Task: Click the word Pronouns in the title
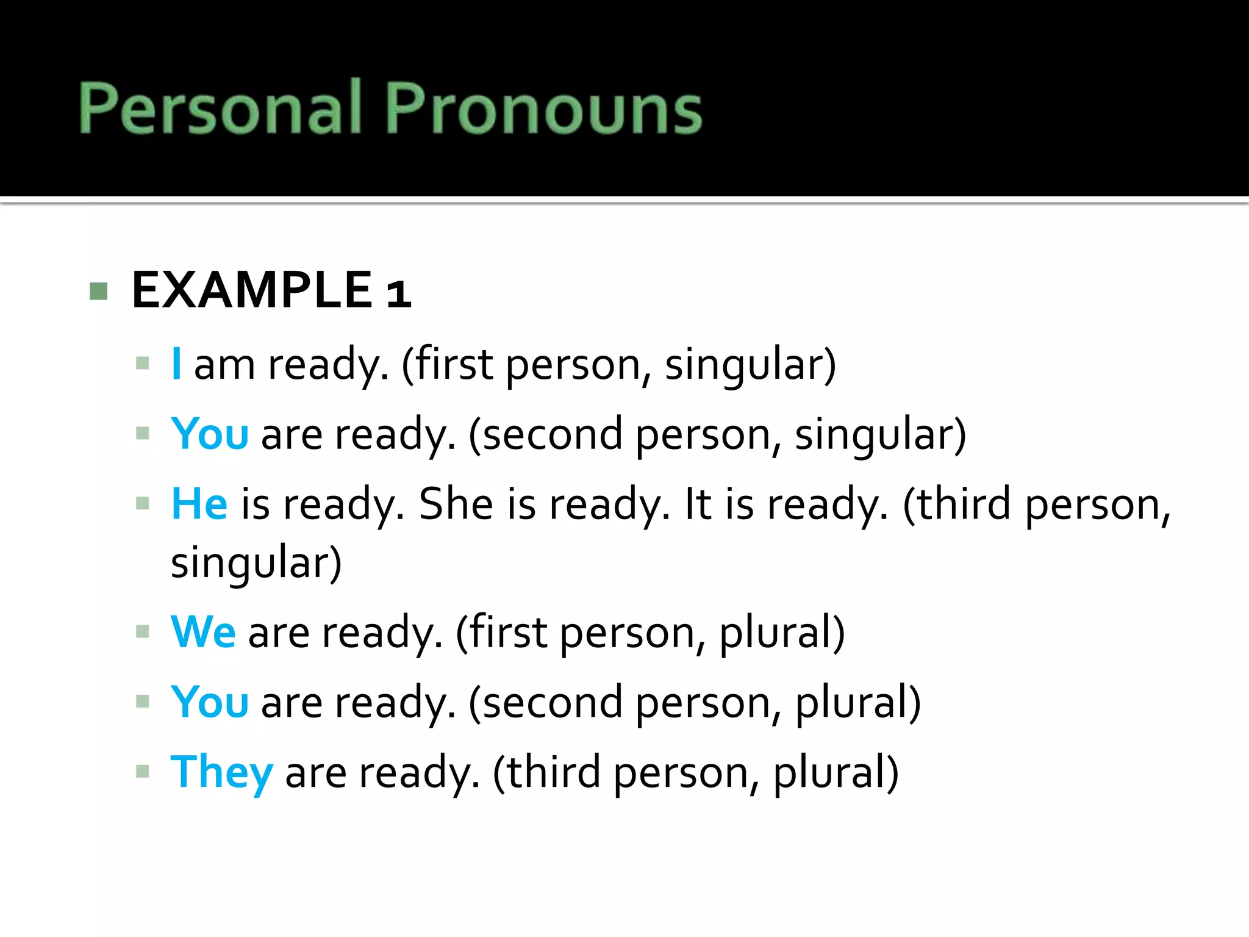click(543, 109)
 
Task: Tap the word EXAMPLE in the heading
click(251, 290)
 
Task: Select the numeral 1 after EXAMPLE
click(398, 293)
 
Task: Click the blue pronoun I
click(176, 364)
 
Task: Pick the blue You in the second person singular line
click(210, 434)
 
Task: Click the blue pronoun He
click(199, 504)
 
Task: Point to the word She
click(456, 504)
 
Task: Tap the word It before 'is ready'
click(698, 504)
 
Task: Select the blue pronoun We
click(203, 632)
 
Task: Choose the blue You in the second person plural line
click(210, 702)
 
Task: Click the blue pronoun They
click(221, 772)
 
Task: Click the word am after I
click(224, 365)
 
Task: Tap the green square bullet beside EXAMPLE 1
click(98, 291)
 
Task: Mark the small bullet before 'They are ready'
click(143, 772)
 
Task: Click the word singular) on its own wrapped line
click(256, 562)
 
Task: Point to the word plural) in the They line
click(836, 772)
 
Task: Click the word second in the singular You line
click(553, 434)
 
